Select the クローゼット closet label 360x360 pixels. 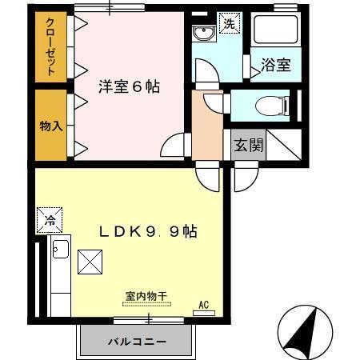(x=50, y=46)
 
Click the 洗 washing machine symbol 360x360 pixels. (x=229, y=23)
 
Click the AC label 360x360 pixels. (x=205, y=304)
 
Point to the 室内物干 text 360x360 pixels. (x=146, y=296)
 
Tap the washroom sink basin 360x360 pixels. (x=203, y=34)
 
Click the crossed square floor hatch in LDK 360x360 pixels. (x=89, y=260)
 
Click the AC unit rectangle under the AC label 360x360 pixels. (x=205, y=312)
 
